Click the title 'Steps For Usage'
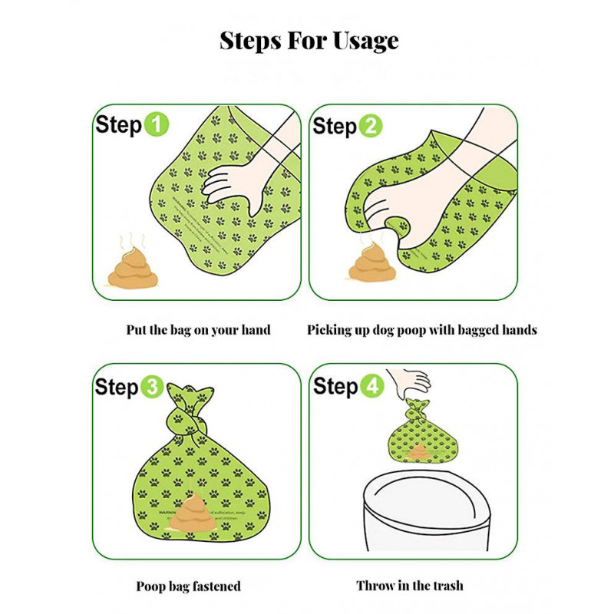coord(309,40)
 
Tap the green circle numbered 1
coord(157,125)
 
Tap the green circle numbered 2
coord(370,127)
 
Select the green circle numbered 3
coord(152,387)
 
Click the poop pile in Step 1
coord(132,267)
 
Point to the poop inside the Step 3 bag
coord(192,513)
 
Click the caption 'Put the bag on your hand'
coord(198,330)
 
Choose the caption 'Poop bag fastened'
coord(188,586)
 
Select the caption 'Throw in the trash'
coord(409,586)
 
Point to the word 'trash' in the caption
coord(444,586)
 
